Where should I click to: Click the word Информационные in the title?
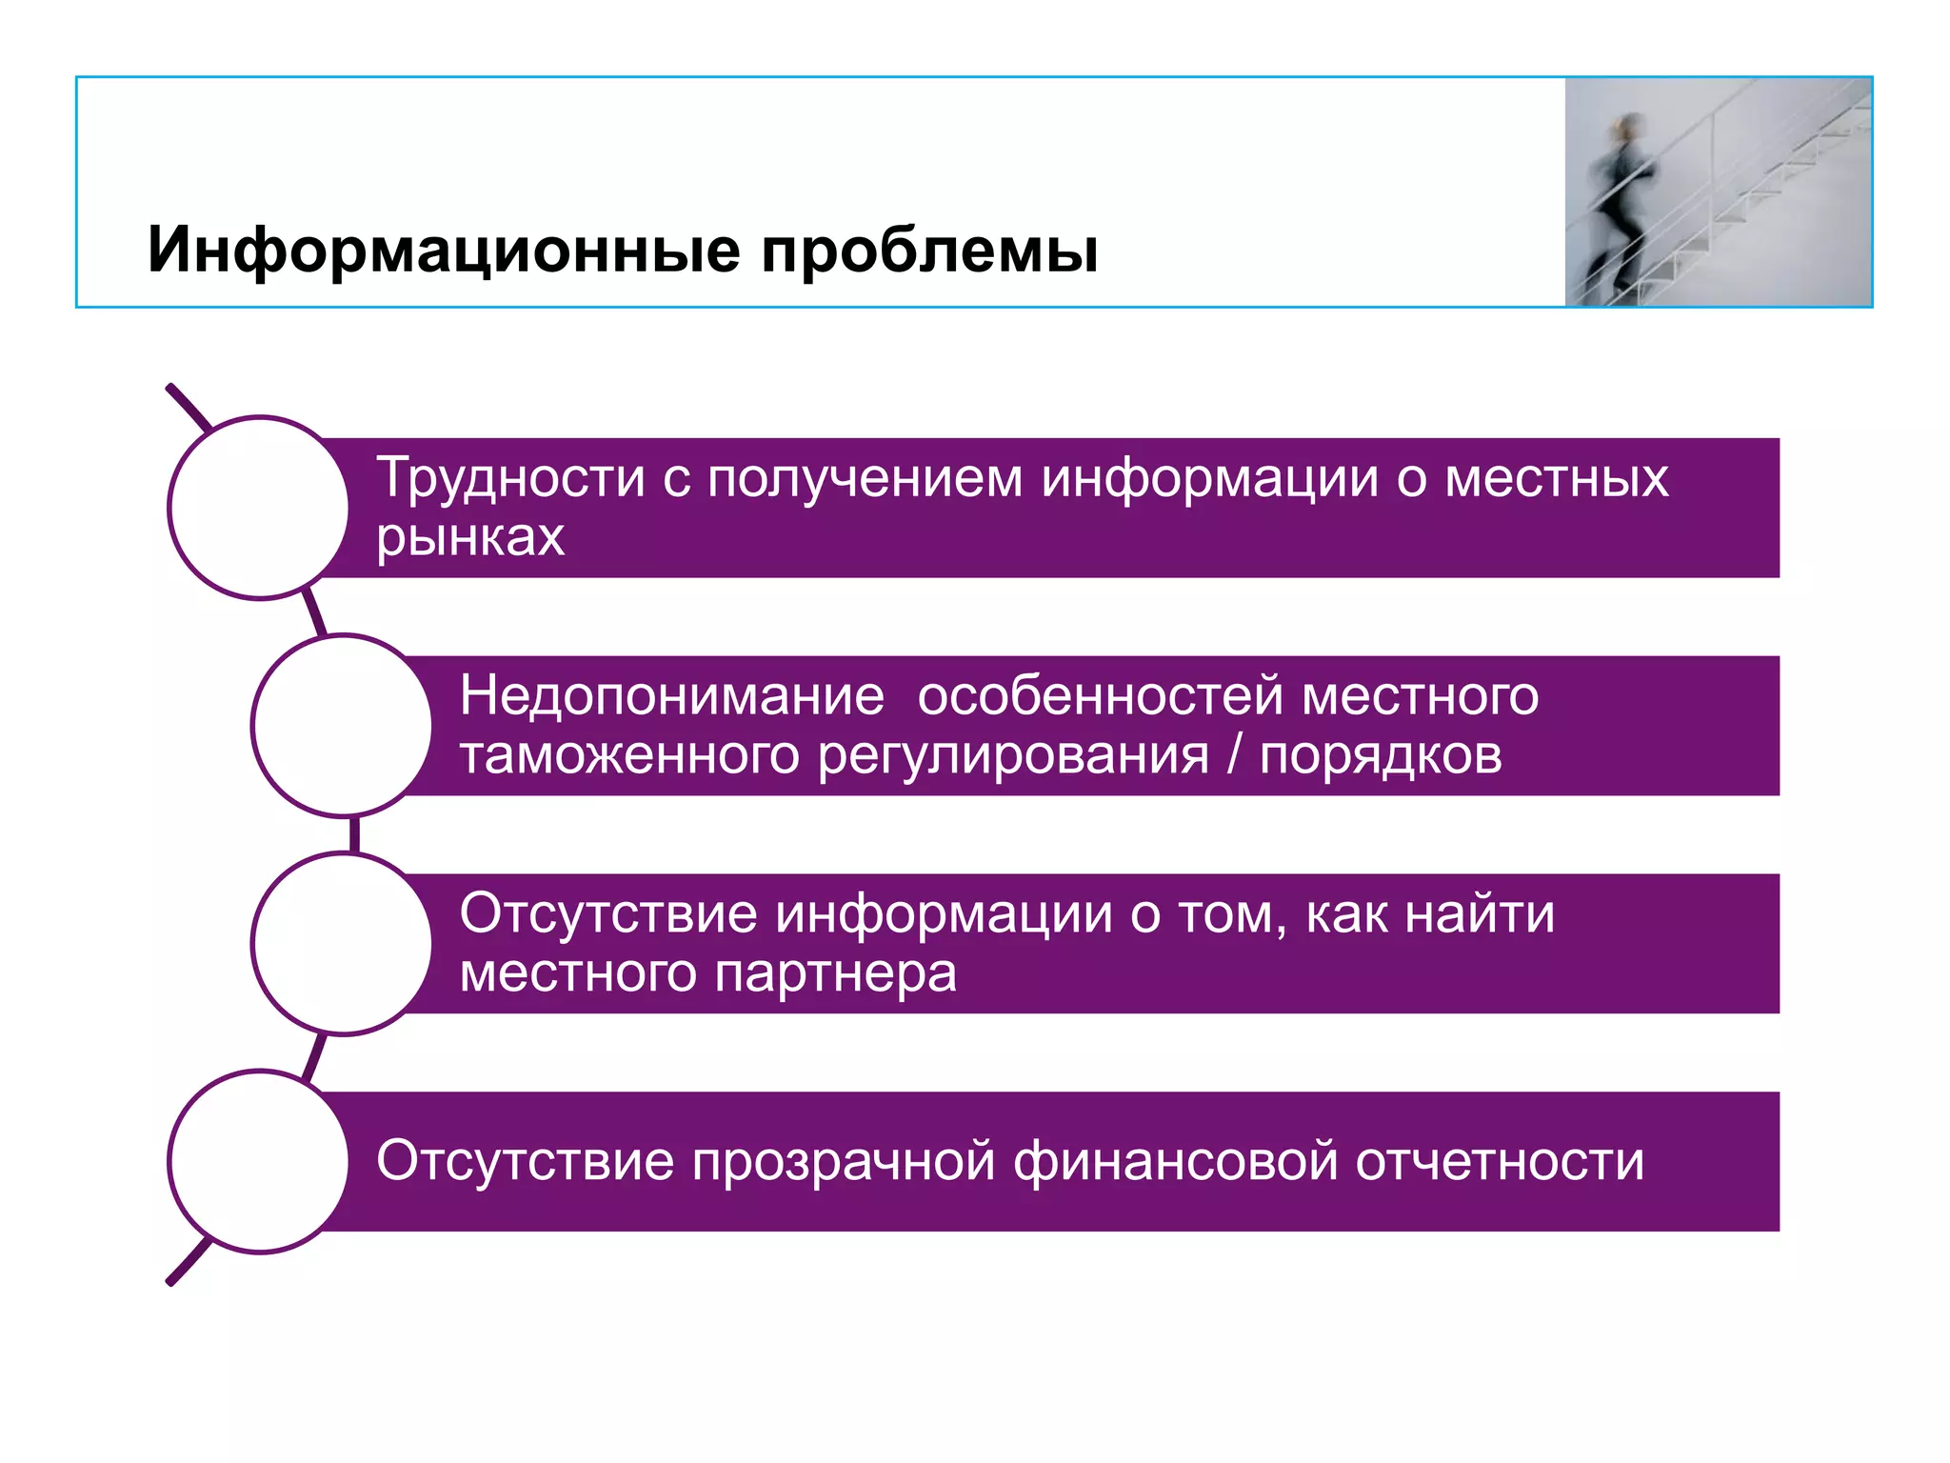(x=444, y=251)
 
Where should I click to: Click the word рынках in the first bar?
(x=470, y=538)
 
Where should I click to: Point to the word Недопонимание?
(x=671, y=695)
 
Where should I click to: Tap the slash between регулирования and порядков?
(x=1234, y=756)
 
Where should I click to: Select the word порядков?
(x=1381, y=756)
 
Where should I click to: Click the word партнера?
(x=835, y=973)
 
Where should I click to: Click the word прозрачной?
(x=844, y=1162)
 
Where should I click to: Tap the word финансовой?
(x=1175, y=1162)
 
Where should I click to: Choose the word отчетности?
(x=1500, y=1162)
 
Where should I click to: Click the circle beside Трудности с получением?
(x=259, y=508)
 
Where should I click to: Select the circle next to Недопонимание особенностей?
(x=343, y=726)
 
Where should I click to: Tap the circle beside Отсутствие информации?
(x=343, y=943)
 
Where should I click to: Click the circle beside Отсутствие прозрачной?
(x=259, y=1161)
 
